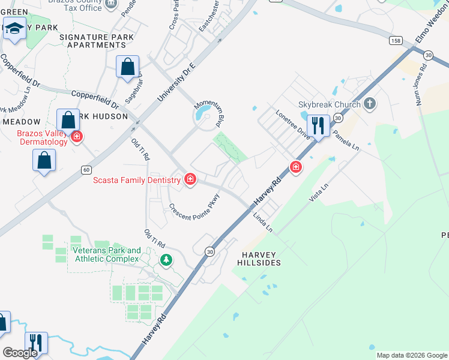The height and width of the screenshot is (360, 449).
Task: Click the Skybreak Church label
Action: (x=330, y=104)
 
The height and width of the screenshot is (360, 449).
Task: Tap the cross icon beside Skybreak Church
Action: (x=370, y=104)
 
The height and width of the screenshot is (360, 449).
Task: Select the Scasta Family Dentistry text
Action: (x=136, y=179)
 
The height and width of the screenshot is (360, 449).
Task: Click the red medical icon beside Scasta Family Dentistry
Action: (x=190, y=179)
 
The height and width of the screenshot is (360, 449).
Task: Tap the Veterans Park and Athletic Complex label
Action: (x=106, y=254)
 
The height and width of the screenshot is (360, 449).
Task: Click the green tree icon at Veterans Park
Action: (x=166, y=260)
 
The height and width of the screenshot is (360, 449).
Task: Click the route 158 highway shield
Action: (x=395, y=40)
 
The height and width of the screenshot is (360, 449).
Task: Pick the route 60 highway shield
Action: (x=86, y=170)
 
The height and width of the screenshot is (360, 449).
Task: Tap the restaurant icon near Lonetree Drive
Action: (x=318, y=126)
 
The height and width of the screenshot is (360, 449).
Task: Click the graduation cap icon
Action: (x=14, y=28)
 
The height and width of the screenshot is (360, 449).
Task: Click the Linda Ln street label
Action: (x=262, y=222)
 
